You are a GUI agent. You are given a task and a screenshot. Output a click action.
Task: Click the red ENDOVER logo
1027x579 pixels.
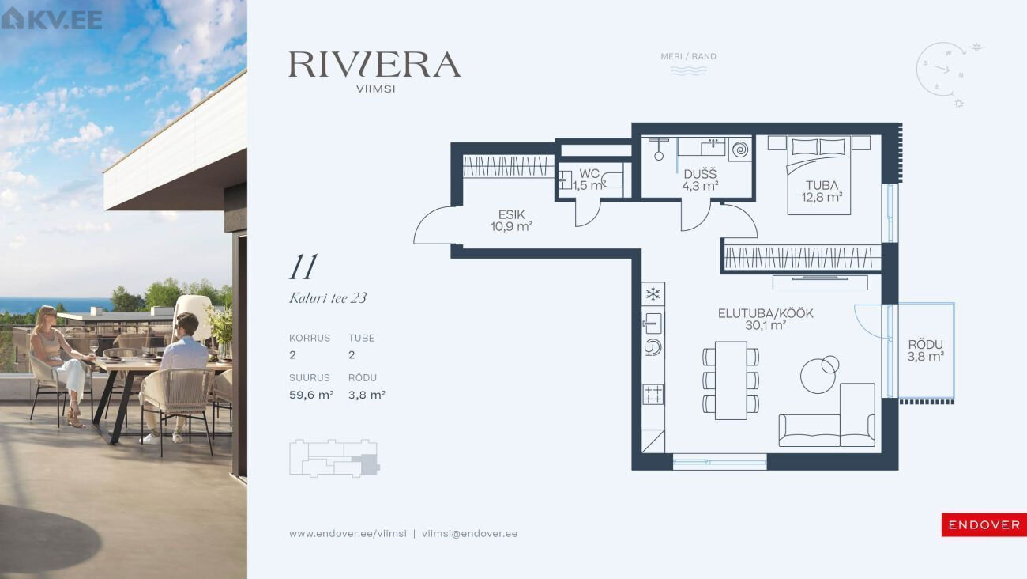[984, 524]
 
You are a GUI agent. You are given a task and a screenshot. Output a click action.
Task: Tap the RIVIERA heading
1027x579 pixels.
[374, 64]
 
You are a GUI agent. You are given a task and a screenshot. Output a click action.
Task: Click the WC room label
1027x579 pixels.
[589, 173]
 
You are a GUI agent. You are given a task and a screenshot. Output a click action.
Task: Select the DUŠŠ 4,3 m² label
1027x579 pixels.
[700, 180]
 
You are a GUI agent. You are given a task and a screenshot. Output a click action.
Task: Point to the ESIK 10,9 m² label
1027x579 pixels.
[511, 221]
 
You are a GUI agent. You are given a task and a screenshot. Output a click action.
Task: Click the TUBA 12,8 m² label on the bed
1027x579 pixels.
[822, 191]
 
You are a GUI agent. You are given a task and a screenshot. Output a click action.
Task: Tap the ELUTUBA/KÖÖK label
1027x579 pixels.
[766, 313]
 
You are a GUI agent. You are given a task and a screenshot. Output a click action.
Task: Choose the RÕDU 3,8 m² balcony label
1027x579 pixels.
[925, 350]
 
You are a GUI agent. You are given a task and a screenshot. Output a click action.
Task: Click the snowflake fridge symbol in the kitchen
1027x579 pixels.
[653, 294]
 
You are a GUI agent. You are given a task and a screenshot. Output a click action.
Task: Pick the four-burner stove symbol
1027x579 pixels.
[653, 395]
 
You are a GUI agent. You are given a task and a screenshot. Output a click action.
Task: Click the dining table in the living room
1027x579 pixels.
[731, 380]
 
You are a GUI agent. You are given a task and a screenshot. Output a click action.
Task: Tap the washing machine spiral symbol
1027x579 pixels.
[740, 149]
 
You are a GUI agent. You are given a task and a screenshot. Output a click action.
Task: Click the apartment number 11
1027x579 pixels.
[303, 267]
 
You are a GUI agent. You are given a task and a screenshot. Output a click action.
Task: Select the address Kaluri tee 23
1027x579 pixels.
[328, 298]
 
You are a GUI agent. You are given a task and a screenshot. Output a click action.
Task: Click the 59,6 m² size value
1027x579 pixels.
[311, 395]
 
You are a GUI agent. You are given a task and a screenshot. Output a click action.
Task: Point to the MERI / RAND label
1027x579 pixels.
[688, 56]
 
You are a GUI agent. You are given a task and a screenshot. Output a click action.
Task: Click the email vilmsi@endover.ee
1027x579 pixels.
[469, 534]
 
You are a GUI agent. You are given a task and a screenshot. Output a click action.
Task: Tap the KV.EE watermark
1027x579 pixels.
[51, 19]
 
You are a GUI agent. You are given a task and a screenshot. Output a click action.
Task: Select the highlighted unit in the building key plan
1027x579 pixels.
[370, 464]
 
